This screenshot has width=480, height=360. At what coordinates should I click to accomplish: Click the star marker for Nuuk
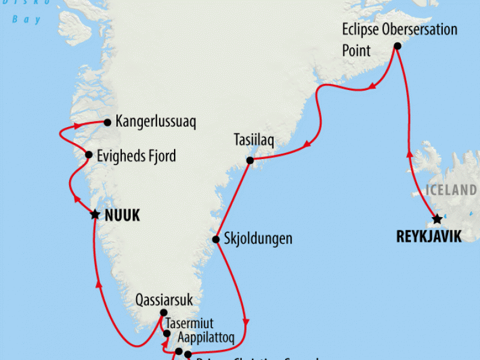(94, 214)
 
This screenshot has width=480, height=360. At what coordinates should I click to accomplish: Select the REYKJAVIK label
(429, 237)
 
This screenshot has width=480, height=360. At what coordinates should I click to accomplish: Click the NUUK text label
(122, 216)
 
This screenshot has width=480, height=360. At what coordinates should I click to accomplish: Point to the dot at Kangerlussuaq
(107, 122)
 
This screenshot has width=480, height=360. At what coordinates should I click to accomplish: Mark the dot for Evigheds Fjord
(89, 155)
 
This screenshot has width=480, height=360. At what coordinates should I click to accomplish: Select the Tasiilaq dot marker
(250, 160)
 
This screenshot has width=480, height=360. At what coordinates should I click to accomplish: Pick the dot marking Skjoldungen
(216, 239)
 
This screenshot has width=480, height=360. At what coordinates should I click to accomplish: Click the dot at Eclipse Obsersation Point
(397, 46)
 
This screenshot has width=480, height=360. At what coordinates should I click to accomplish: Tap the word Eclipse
(361, 29)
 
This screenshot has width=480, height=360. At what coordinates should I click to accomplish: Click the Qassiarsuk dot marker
(163, 313)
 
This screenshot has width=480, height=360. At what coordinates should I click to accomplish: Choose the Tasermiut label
(189, 324)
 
